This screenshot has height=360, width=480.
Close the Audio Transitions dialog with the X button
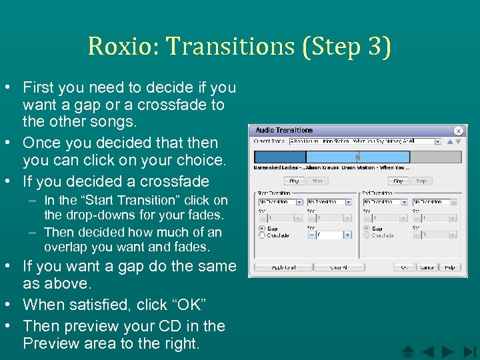click(x=459, y=131)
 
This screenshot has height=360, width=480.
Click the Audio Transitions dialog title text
click(x=284, y=131)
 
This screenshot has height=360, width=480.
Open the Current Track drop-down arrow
click(x=437, y=141)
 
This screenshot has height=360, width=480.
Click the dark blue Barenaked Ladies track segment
click(x=279, y=157)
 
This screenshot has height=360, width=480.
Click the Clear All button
click(x=339, y=267)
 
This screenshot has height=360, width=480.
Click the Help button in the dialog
click(x=449, y=267)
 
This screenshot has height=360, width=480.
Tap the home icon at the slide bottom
click(x=409, y=351)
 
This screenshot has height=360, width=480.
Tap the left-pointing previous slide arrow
click(x=428, y=351)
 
